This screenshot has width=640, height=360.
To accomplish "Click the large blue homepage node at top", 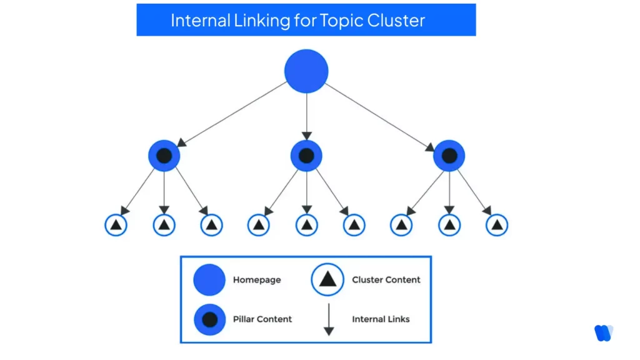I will pos(306,71).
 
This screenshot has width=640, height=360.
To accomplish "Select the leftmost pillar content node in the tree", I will pos(164,156).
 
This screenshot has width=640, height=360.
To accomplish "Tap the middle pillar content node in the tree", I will pos(306,156).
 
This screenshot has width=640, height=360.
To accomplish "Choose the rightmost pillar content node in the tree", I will pos(449,156).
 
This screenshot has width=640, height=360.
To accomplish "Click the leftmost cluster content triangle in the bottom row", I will pos(116,225).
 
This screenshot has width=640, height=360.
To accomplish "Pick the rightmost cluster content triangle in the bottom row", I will pos(497,225).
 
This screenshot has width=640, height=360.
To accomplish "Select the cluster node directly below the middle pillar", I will pos(306,225).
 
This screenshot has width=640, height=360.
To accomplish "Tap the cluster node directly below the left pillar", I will pos(164,225).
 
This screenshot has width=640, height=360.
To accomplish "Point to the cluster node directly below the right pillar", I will pos(449,225).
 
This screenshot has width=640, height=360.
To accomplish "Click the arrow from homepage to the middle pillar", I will pos(306,116).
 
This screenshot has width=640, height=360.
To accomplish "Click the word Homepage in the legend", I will pos(257,280).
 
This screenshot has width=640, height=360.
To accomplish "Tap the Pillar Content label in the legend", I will pos(262,319).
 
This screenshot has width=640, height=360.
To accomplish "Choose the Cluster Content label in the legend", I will pos(386,280).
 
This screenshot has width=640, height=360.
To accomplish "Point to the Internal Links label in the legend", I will pos(381,319).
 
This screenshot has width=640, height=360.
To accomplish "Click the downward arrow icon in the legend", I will pos(328,319).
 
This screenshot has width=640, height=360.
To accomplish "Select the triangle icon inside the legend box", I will pos(328,280).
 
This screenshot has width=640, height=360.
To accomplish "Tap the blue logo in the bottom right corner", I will pos(603,333).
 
